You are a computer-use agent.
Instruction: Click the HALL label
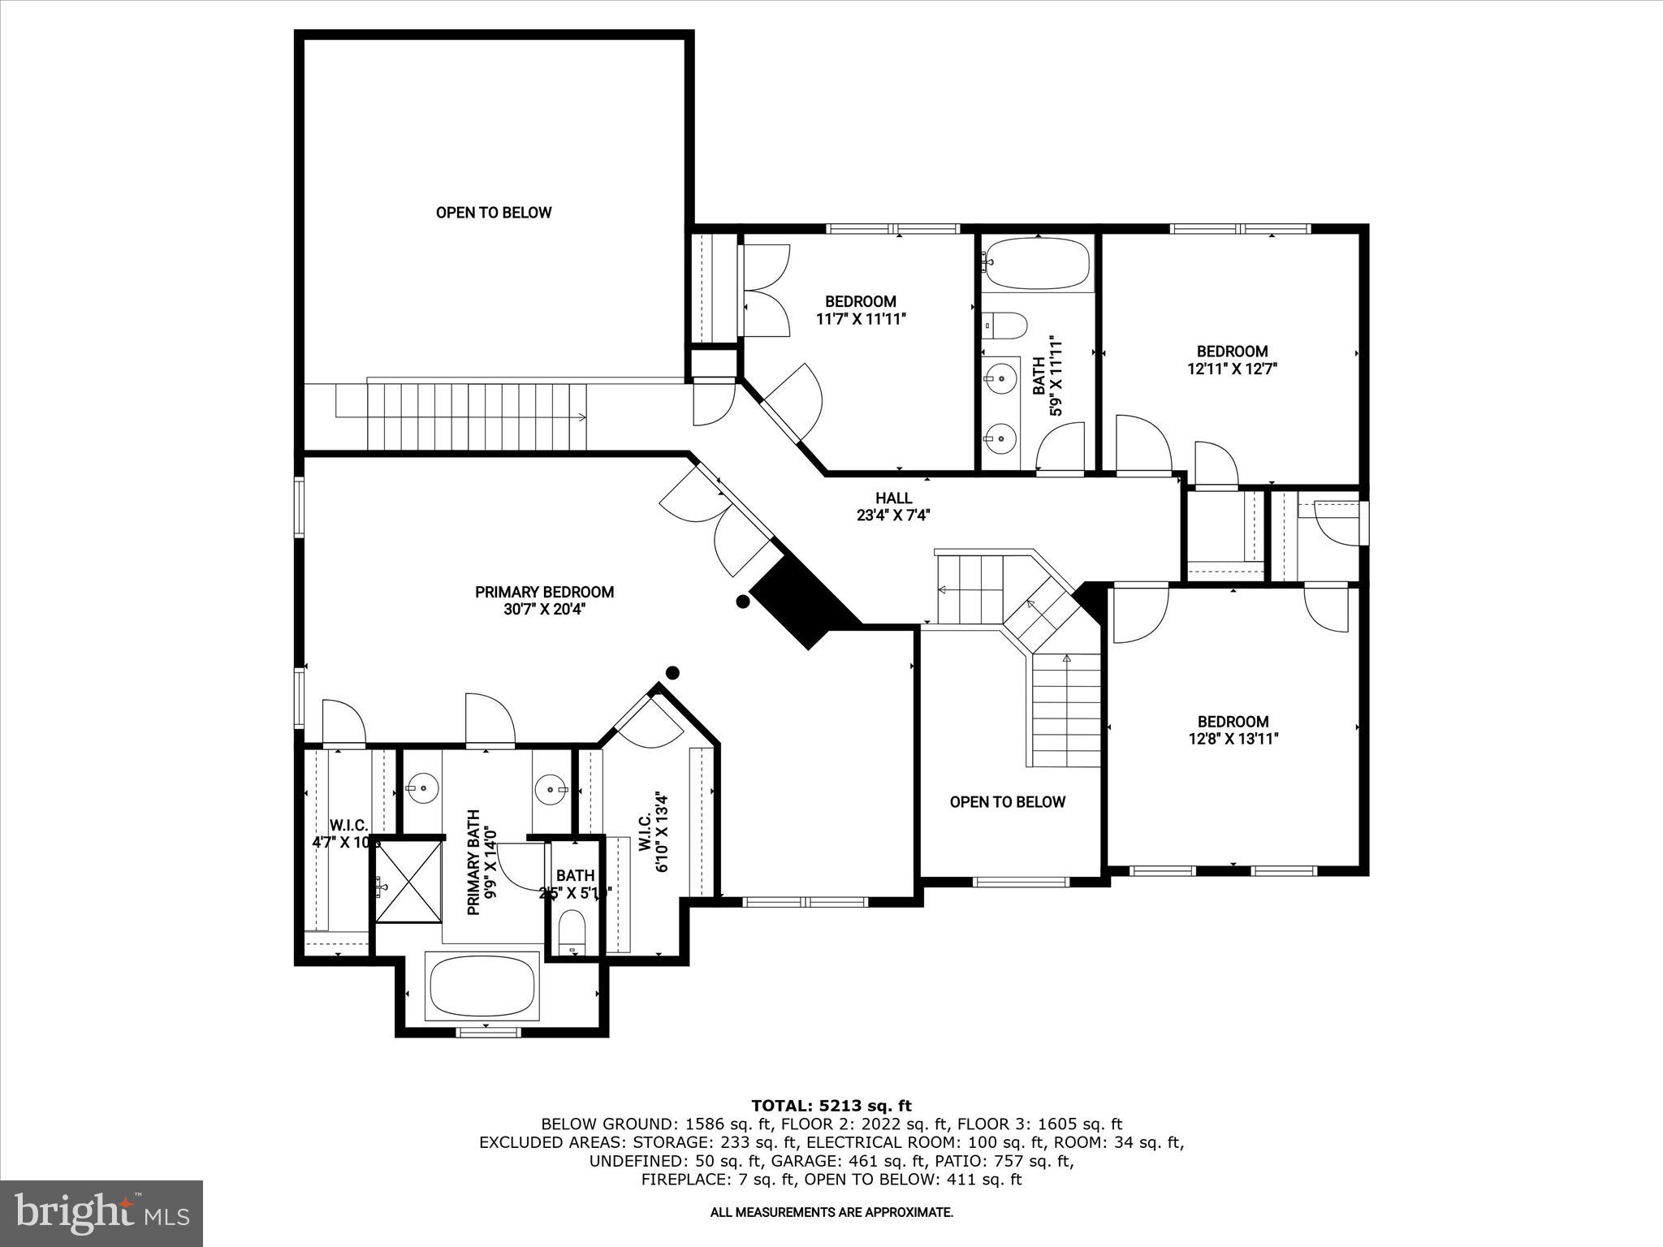893,498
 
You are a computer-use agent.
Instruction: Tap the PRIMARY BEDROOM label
544,593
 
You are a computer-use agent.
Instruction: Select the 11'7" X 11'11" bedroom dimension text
861,320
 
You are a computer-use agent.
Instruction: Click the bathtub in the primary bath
482,986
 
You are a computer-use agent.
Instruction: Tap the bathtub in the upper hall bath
1037,263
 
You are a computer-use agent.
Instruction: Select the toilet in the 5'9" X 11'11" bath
1004,326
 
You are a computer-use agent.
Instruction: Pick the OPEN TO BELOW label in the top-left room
494,213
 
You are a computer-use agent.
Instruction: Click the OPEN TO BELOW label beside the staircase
1007,802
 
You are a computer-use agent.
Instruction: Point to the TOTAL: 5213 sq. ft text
831,1106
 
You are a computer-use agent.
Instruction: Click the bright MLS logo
102,1213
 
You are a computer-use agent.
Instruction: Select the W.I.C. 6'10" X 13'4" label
654,832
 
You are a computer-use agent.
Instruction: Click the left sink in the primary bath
423,787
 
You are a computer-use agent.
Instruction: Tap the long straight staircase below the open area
476,417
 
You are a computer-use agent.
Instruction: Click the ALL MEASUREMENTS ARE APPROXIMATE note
831,1213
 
